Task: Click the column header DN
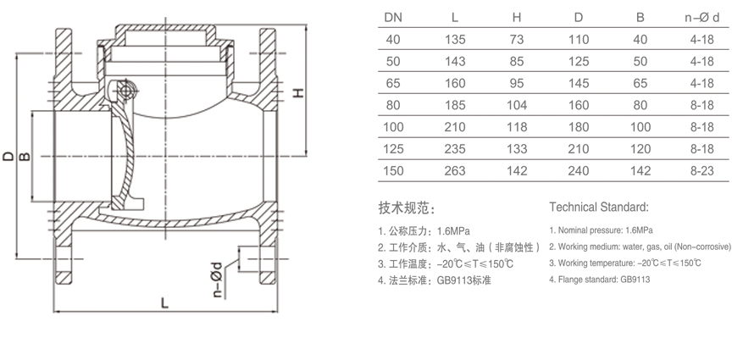pyautogui.click(x=394, y=17)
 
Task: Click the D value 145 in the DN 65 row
pyautogui.click(x=579, y=84)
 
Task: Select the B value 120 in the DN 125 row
pyautogui.click(x=640, y=150)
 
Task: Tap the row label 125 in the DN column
pyautogui.click(x=394, y=150)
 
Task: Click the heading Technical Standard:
pyautogui.click(x=599, y=207)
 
